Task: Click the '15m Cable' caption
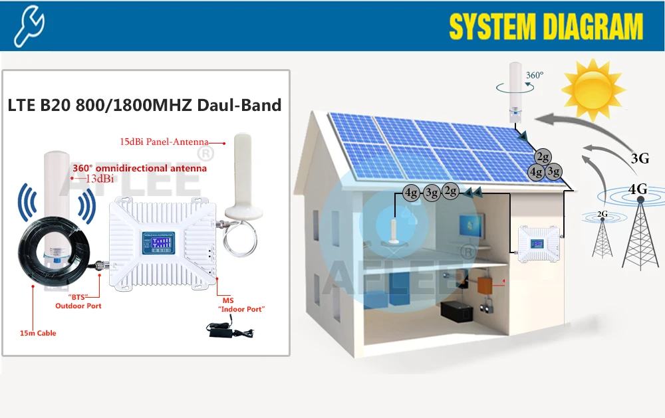pyautogui.click(x=37, y=333)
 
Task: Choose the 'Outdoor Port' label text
pyautogui.click(x=78, y=306)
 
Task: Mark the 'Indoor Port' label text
pyautogui.click(x=243, y=310)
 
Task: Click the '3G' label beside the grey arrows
pyautogui.click(x=640, y=158)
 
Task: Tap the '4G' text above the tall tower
pyautogui.click(x=638, y=189)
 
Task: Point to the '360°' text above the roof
pyautogui.click(x=535, y=75)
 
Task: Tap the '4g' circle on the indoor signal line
pyautogui.click(x=412, y=194)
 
